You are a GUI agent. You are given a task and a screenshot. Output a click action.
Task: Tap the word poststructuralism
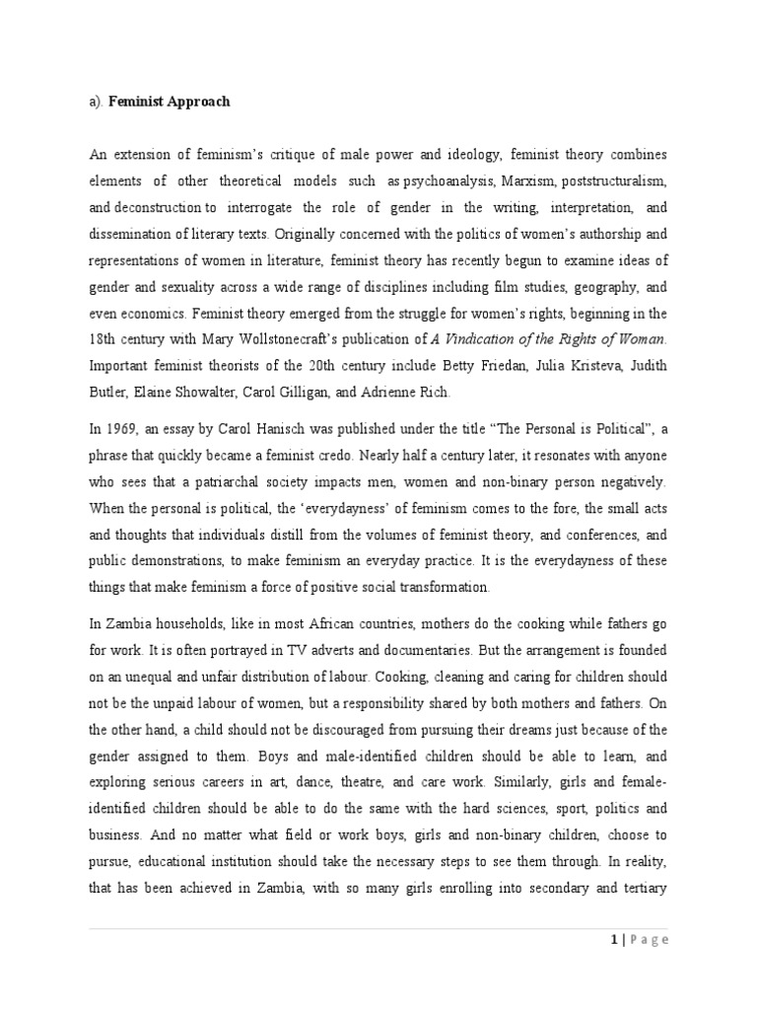pyautogui.click(x=612, y=183)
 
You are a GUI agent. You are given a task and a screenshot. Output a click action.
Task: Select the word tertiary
pyautogui.click(x=640, y=888)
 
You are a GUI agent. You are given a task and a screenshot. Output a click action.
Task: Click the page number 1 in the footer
pyautogui.click(x=614, y=940)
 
